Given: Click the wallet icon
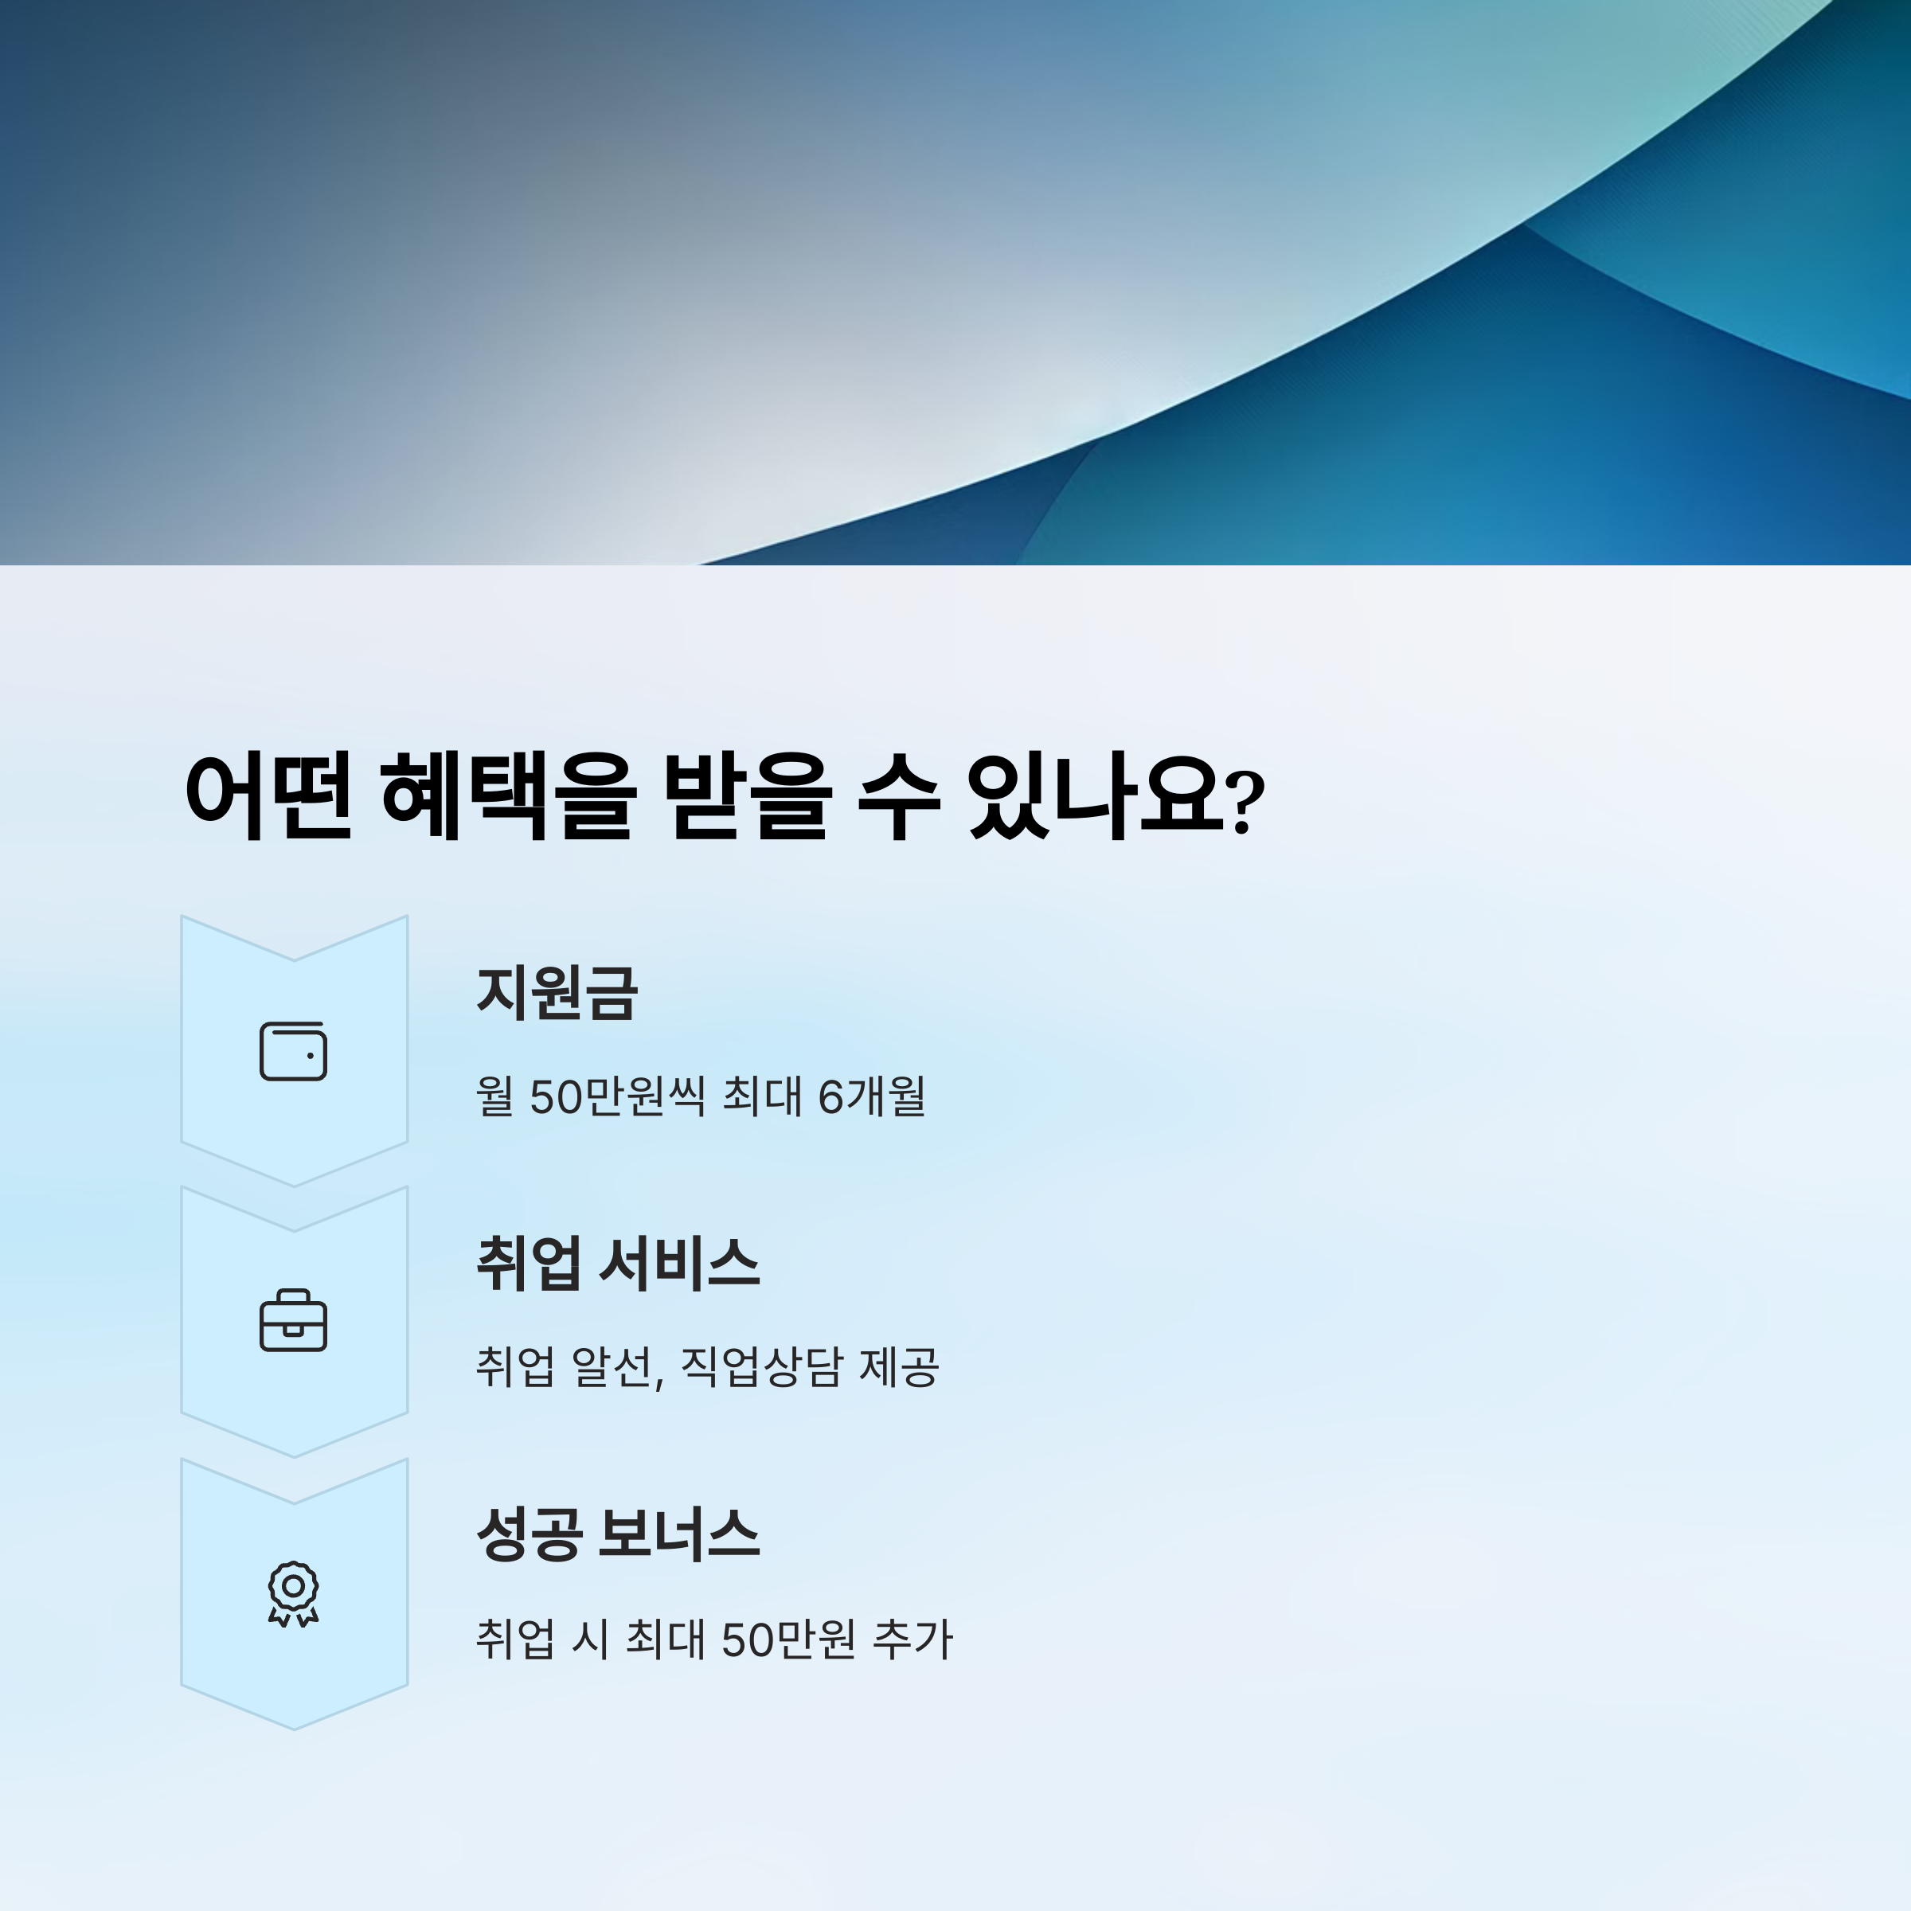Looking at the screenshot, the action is point(293,1050).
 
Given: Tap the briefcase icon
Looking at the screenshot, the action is point(293,1320).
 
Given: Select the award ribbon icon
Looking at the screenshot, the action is point(293,1593).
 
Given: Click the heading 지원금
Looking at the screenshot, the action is point(557,992).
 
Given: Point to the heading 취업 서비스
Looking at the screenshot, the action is point(618,1263).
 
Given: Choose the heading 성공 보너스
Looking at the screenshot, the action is point(618,1534).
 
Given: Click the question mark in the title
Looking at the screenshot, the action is point(1245,801).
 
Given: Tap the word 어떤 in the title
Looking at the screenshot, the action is point(268,796).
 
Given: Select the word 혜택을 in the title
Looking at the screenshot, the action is point(506,796).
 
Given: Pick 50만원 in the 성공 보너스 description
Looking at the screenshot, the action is point(788,1639).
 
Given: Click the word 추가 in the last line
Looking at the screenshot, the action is point(912,1639).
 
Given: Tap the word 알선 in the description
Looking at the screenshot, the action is point(614,1367).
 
